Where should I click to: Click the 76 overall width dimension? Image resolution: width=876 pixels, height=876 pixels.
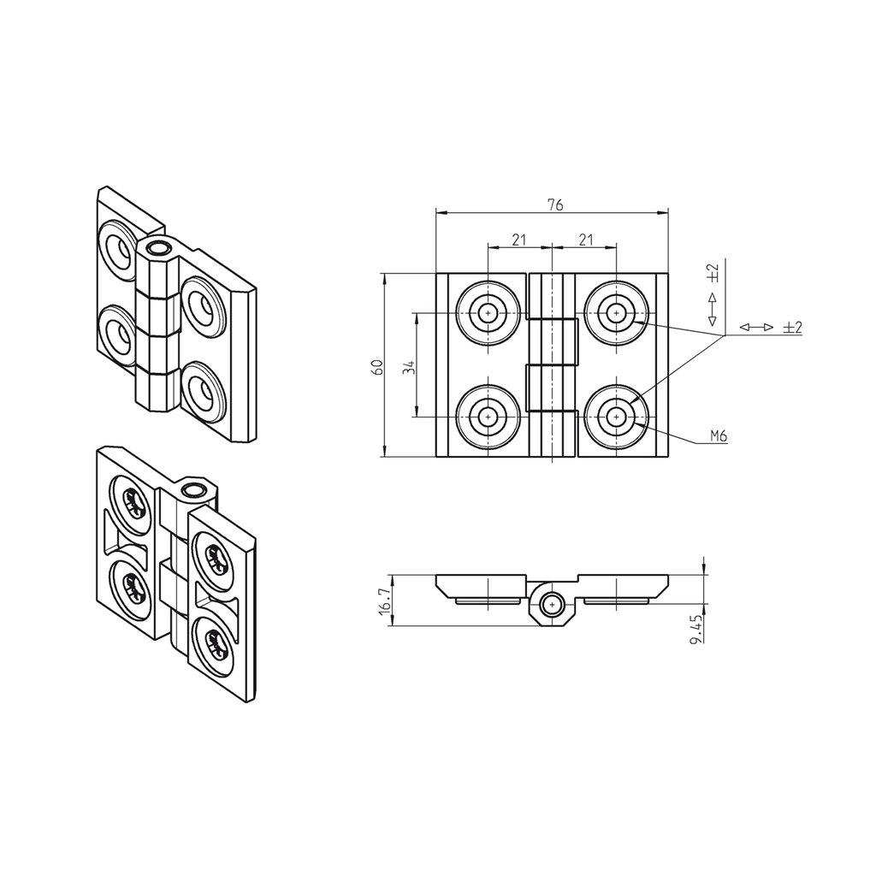[554, 204]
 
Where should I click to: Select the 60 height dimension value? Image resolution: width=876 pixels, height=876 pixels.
[376, 366]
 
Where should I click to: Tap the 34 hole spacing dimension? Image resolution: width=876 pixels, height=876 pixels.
[409, 366]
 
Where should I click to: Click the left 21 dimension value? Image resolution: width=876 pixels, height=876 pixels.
[519, 240]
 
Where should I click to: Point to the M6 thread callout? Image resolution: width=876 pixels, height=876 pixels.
[719, 436]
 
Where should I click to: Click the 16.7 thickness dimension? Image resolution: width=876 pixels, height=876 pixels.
[384, 600]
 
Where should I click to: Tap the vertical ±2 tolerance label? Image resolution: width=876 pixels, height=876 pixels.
[713, 273]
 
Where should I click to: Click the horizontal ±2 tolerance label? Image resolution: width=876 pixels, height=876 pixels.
[792, 328]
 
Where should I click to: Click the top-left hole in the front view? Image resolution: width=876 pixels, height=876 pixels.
[488, 313]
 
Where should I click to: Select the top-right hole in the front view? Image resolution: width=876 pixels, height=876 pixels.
[615, 313]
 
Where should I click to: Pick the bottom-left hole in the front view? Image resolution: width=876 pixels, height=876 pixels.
[488, 417]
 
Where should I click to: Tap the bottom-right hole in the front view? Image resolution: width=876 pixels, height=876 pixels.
[615, 417]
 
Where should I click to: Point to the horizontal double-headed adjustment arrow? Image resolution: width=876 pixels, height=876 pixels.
[756, 328]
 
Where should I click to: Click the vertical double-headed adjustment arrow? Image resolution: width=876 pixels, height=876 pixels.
[712, 310]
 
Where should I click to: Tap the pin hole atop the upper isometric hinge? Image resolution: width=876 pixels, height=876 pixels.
[157, 248]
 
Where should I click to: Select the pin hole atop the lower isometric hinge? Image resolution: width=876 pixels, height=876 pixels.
[194, 489]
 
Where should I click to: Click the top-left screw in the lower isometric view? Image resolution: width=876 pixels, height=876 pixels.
[133, 503]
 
